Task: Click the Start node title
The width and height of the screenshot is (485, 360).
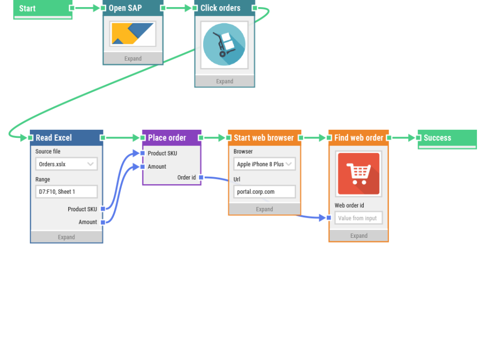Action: coord(28,9)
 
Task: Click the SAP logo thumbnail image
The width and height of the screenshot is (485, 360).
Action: coord(133,34)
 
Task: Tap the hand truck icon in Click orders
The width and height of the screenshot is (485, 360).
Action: coord(224,44)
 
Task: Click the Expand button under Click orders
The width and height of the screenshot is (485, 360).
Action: coord(225,81)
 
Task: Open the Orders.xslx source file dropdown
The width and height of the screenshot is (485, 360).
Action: coord(66,164)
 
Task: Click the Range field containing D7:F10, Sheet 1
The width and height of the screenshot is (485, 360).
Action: coord(66,192)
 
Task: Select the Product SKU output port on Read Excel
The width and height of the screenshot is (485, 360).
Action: coord(103,209)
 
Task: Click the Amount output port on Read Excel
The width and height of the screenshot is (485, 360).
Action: coord(103,222)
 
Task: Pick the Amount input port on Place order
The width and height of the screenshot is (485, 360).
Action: coord(142,167)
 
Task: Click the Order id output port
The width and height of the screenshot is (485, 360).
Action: coord(201,178)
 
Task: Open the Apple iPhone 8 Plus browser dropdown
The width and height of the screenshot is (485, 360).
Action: coord(264,164)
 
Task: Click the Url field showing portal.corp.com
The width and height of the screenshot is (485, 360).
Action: coord(264,192)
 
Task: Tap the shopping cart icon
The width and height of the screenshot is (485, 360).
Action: coord(358,174)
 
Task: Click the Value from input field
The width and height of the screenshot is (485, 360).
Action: coord(358,218)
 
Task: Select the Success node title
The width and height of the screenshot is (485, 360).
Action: coord(438,137)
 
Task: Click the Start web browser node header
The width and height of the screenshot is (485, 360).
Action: coord(263,137)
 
